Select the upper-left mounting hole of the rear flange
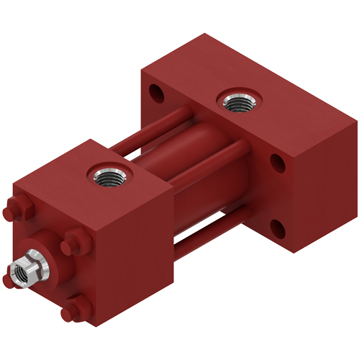coord(156,93)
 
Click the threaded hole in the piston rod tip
coord(17,273)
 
